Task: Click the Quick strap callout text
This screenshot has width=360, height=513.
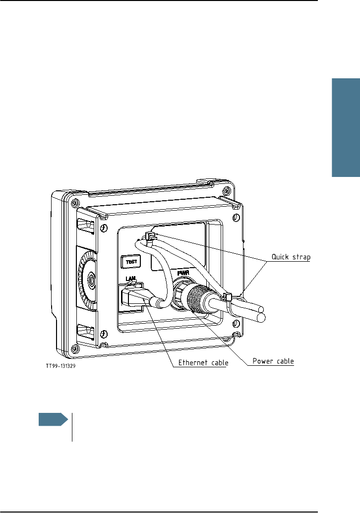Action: tap(290, 257)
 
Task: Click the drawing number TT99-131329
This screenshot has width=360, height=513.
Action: tap(62, 367)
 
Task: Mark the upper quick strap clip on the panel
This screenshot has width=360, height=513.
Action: tap(150, 236)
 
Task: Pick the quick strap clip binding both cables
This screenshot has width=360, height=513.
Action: tap(229, 297)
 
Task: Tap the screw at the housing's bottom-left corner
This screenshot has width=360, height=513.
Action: tap(75, 349)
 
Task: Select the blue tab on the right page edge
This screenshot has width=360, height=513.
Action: tap(345, 128)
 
